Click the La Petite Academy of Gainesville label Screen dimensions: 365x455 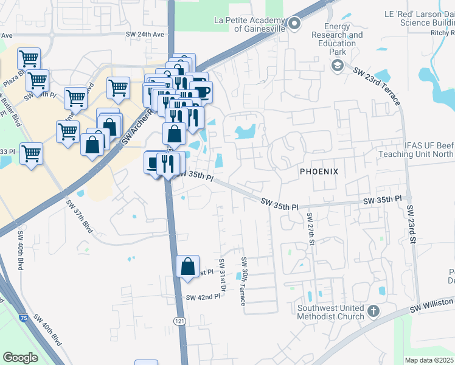pyautogui.click(x=249, y=24)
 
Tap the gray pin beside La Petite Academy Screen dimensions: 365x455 pyautogui.click(x=294, y=24)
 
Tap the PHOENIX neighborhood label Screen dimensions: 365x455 pyautogui.click(x=319, y=172)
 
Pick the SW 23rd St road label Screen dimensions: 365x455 pyautogui.click(x=411, y=224)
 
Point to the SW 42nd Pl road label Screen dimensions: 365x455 pyautogui.click(x=203, y=297)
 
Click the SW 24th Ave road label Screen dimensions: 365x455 pyautogui.click(x=145, y=35)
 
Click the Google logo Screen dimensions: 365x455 pyautogui.click(x=21, y=357)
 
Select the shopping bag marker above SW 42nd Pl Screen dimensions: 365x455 pyautogui.click(x=187, y=265)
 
